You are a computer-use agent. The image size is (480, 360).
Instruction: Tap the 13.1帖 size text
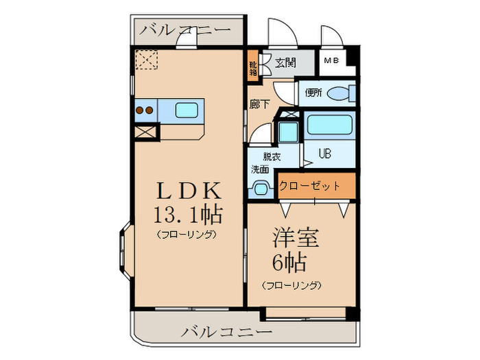tap(187, 215)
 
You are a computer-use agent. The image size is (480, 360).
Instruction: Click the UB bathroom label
tap(324, 154)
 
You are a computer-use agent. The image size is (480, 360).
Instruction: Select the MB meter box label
tap(332, 61)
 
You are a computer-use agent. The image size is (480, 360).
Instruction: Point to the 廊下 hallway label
tap(260, 104)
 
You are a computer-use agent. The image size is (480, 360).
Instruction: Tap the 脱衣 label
tap(272, 156)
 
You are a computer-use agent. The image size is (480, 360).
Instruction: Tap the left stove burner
tap(139, 108)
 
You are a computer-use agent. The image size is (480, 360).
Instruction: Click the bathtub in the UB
tap(328, 125)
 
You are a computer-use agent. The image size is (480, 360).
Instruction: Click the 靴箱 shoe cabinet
tap(253, 67)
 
